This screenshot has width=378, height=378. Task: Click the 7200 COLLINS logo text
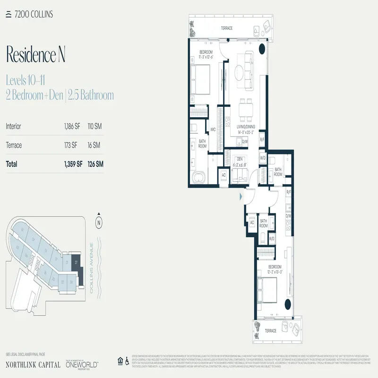tap(33, 14)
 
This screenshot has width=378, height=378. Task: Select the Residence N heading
tap(36, 55)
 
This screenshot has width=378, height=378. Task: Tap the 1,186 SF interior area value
tap(71, 127)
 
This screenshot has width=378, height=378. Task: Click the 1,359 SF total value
tap(73, 164)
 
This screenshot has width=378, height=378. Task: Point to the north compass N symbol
tap(99, 221)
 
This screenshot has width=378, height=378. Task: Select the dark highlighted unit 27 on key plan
tap(77, 263)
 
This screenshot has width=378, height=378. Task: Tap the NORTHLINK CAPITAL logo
tap(33, 364)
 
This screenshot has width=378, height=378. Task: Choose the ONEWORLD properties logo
tap(84, 364)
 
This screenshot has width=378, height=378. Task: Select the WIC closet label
tap(213, 129)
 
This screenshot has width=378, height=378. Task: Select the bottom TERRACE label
tap(270, 331)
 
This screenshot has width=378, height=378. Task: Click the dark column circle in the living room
tap(261, 47)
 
